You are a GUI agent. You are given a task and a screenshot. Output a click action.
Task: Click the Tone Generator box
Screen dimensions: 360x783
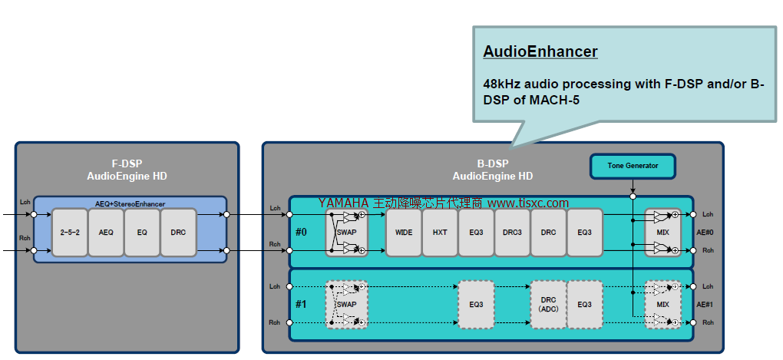pyautogui.click(x=633, y=166)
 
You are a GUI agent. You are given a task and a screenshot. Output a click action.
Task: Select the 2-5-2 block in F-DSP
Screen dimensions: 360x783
pyautogui.click(x=71, y=232)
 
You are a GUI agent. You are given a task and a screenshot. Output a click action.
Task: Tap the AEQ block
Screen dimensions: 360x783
pyautogui.click(x=107, y=232)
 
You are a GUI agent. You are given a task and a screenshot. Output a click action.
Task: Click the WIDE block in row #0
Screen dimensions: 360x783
pyautogui.click(x=404, y=232)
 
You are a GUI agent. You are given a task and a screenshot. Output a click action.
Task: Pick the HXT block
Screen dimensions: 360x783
pyautogui.click(x=440, y=232)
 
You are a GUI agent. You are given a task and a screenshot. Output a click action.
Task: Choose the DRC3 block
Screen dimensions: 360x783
pyautogui.click(x=512, y=232)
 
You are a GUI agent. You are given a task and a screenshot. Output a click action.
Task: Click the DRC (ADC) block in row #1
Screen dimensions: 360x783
pyautogui.click(x=548, y=305)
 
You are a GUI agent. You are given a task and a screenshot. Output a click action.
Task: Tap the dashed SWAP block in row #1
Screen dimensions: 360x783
pyautogui.click(x=347, y=305)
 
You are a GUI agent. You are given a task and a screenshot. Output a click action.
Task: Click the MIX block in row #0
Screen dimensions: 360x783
pyautogui.click(x=662, y=232)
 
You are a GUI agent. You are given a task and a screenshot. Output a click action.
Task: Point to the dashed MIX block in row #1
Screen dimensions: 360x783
pyautogui.click(x=662, y=305)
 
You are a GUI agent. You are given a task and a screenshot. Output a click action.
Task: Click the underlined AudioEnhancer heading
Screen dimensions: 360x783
pyautogui.click(x=540, y=52)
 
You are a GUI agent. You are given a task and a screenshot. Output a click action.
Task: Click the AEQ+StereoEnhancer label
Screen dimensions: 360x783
pyautogui.click(x=130, y=203)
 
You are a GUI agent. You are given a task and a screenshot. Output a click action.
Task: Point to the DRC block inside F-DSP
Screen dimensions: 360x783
pyautogui.click(x=179, y=232)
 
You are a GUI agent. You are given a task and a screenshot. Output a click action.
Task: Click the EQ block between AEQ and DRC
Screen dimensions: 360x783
pyautogui.click(x=143, y=232)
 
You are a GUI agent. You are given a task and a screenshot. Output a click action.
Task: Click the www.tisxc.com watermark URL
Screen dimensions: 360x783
pyautogui.click(x=528, y=203)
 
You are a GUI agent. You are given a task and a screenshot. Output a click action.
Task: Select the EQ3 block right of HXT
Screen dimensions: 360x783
pyautogui.click(x=476, y=232)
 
